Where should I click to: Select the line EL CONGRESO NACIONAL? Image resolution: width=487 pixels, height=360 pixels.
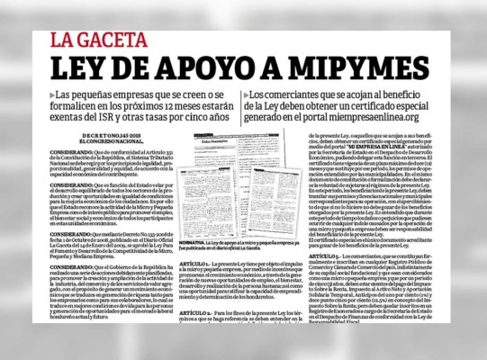pyautogui.click(x=86, y=142)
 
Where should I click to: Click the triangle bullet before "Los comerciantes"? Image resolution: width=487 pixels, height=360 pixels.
pyautogui.click(x=246, y=94)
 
